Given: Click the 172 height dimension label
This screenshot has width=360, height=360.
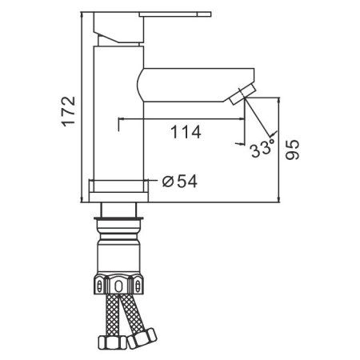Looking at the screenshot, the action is tap(69, 111).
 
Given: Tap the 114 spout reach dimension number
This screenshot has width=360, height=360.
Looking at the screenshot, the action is tap(186, 132).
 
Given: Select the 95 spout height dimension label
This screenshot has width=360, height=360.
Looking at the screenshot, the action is tap(292, 150).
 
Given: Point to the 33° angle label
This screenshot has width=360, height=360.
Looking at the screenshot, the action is tap(262, 148).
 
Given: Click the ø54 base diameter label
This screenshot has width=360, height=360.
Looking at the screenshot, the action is tap(180, 182).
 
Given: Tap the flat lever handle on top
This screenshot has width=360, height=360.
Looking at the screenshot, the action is tap(175, 14).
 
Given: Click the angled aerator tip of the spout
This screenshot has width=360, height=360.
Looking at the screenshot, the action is tap(242, 94).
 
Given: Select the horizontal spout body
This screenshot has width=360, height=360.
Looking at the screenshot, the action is tap(196, 85).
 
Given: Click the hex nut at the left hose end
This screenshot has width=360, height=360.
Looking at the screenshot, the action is tap(112, 342).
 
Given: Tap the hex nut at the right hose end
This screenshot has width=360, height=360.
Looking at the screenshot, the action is tap(142, 338).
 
